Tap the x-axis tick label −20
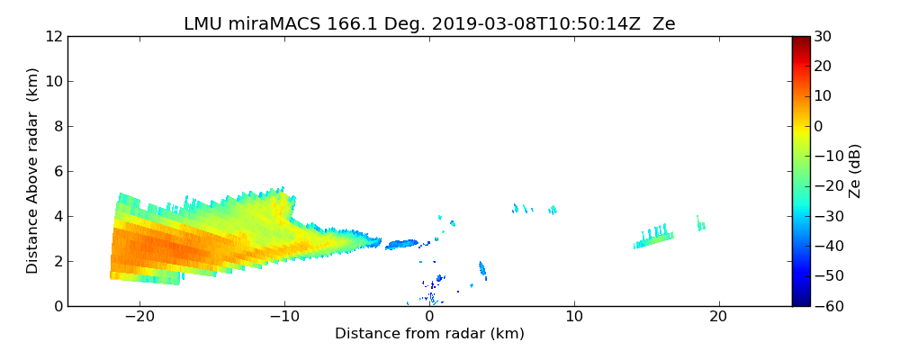click(139, 317)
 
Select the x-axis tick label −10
click(284, 317)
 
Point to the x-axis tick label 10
click(574, 317)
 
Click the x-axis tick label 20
click(718, 317)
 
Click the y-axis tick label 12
click(53, 36)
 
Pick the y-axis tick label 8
click(57, 126)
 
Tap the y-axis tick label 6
click(57, 171)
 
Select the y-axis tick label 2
click(57, 261)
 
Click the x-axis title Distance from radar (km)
click(429, 334)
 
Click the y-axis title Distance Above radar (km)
click(33, 170)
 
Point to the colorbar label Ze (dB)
click(855, 170)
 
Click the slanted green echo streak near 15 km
click(655, 238)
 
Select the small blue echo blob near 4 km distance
click(482, 268)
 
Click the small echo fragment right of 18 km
click(700, 224)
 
